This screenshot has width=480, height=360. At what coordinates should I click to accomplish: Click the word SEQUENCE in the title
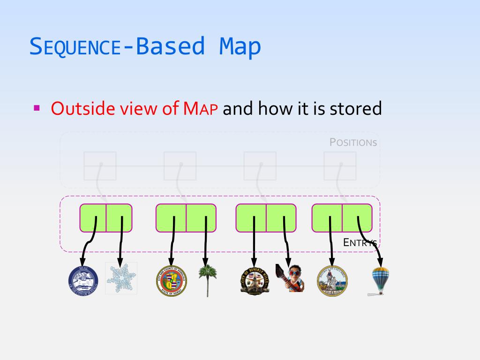(x=75, y=47)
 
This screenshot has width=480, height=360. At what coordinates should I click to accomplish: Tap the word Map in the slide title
(x=240, y=47)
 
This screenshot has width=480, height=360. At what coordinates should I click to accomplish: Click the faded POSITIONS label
(x=353, y=142)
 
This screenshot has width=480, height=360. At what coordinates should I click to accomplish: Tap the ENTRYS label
(x=360, y=242)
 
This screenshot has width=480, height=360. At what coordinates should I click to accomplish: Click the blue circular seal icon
(x=83, y=280)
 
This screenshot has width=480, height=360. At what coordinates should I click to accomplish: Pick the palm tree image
(x=205, y=279)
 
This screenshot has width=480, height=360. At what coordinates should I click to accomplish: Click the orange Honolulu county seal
(x=171, y=280)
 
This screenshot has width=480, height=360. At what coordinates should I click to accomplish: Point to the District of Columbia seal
(x=332, y=280)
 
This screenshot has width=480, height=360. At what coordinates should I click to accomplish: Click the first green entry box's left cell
(x=93, y=218)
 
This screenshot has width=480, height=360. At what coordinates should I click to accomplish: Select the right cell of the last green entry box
(x=357, y=218)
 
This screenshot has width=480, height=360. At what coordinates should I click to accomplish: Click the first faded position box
(x=100, y=166)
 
